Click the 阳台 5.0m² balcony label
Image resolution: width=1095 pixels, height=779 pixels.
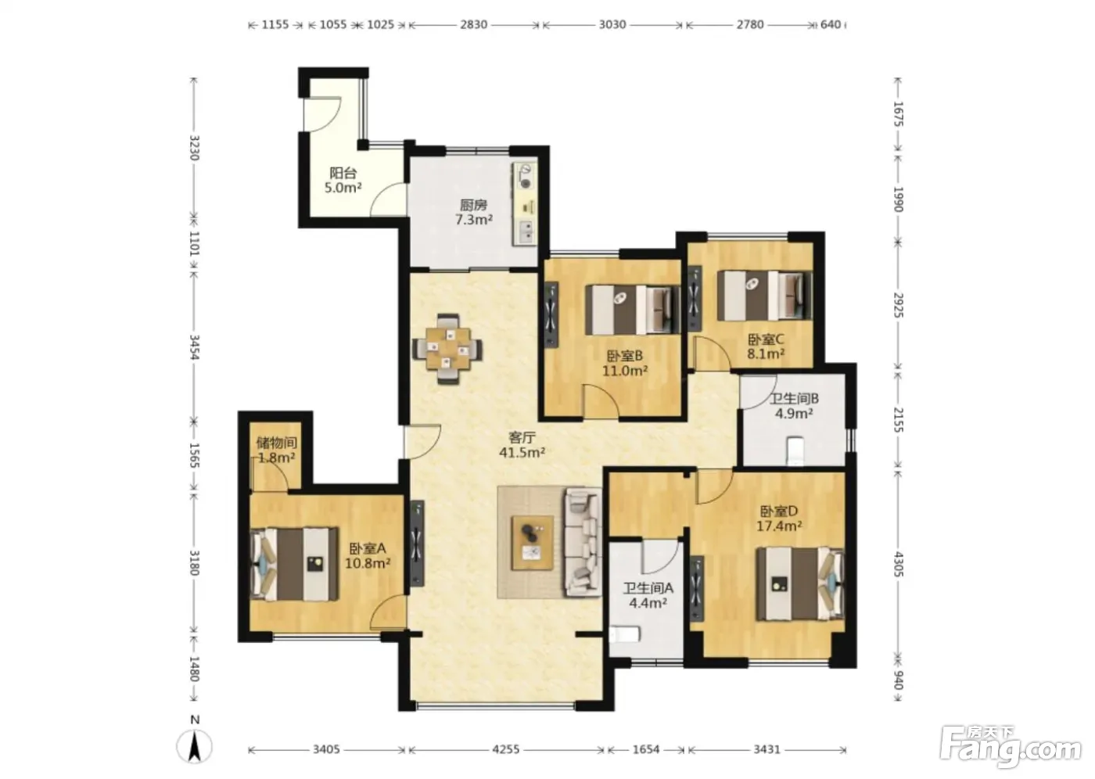(343, 180)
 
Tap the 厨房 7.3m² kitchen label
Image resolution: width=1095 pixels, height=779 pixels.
(474, 212)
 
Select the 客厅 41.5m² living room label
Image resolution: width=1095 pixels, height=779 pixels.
(522, 445)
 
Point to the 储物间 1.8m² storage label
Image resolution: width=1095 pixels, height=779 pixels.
(276, 450)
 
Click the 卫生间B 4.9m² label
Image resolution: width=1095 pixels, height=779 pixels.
(795, 406)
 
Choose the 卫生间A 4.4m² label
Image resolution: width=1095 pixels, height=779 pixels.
(648, 595)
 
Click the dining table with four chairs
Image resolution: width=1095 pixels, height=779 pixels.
(447, 349)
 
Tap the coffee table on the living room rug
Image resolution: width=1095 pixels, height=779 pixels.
(533, 543)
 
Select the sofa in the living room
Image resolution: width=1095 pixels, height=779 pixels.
(583, 542)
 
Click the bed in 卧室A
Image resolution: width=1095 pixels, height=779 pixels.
(294, 563)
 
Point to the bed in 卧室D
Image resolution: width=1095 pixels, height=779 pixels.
(800, 584)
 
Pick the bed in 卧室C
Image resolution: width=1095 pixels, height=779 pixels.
(763, 296)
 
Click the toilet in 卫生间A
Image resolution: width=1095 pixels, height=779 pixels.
(625, 635)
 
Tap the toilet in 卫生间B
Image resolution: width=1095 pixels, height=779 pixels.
(796, 451)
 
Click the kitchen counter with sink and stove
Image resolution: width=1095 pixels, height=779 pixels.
(525, 204)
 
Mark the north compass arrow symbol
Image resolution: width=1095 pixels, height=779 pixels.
(195, 747)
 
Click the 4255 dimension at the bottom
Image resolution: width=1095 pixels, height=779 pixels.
(506, 749)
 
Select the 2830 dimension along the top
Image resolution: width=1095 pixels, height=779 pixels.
(474, 24)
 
